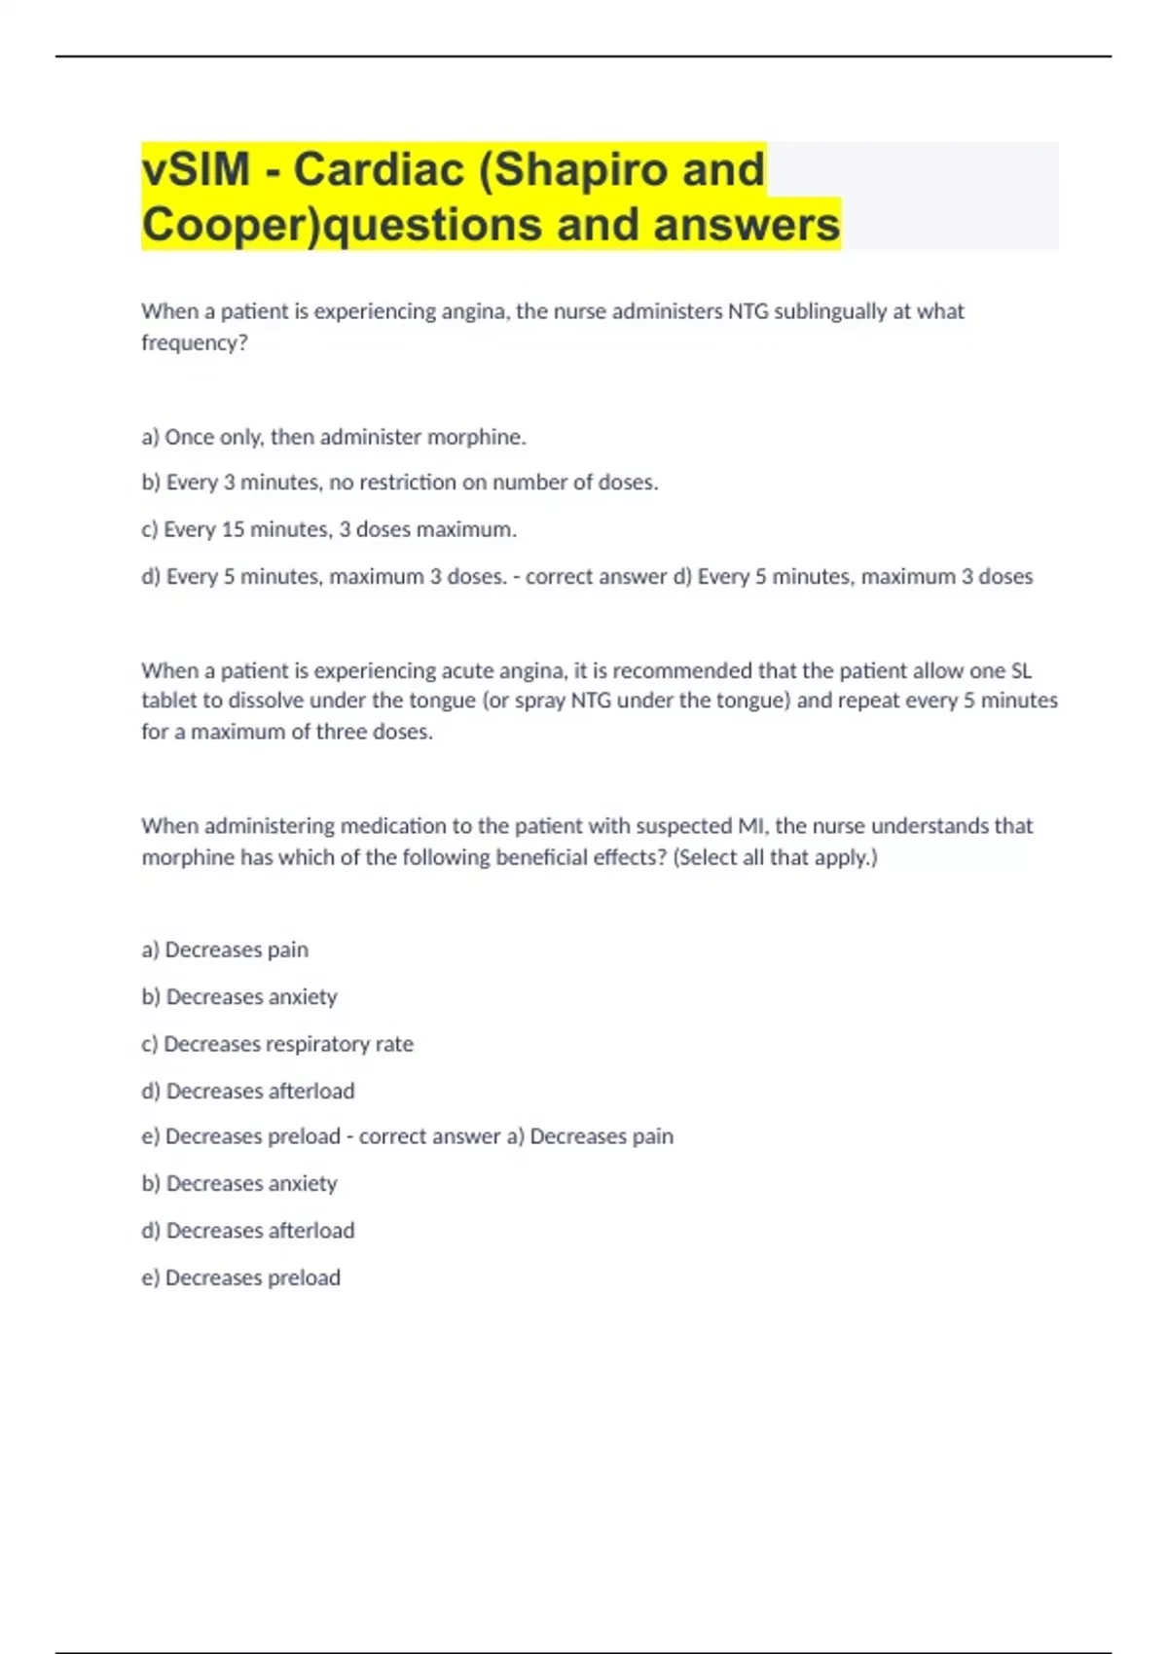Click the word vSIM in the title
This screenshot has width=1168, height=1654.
pyautogui.click(x=196, y=169)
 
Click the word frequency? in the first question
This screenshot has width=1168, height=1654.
pyautogui.click(x=195, y=342)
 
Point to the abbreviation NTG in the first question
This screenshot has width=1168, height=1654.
pyautogui.click(x=748, y=311)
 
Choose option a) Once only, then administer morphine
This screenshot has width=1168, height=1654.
pyautogui.click(x=334, y=437)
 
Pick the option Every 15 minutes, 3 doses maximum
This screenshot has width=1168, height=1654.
pyautogui.click(x=329, y=529)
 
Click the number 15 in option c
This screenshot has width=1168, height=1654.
pyautogui.click(x=233, y=529)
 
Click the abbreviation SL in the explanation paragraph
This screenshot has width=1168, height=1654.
pyautogui.click(x=1021, y=670)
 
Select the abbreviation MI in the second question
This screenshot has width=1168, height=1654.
pyautogui.click(x=750, y=826)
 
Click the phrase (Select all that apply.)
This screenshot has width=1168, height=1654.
pyautogui.click(x=775, y=857)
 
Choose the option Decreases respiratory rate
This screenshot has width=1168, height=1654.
pyautogui.click(x=277, y=1044)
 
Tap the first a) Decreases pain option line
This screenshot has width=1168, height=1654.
pyautogui.click(x=225, y=950)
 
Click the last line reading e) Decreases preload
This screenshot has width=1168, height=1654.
pyautogui.click(x=241, y=1277)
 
